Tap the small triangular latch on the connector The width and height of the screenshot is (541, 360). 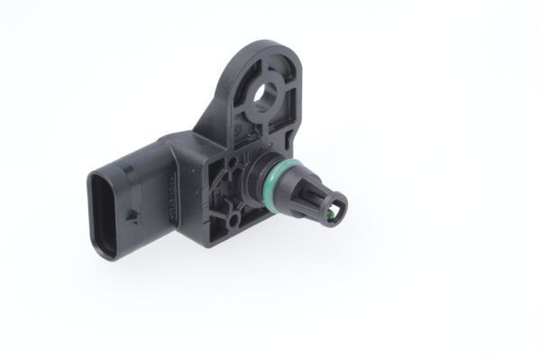132,215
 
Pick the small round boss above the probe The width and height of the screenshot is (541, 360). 236,162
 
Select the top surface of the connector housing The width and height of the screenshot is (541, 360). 144,152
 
